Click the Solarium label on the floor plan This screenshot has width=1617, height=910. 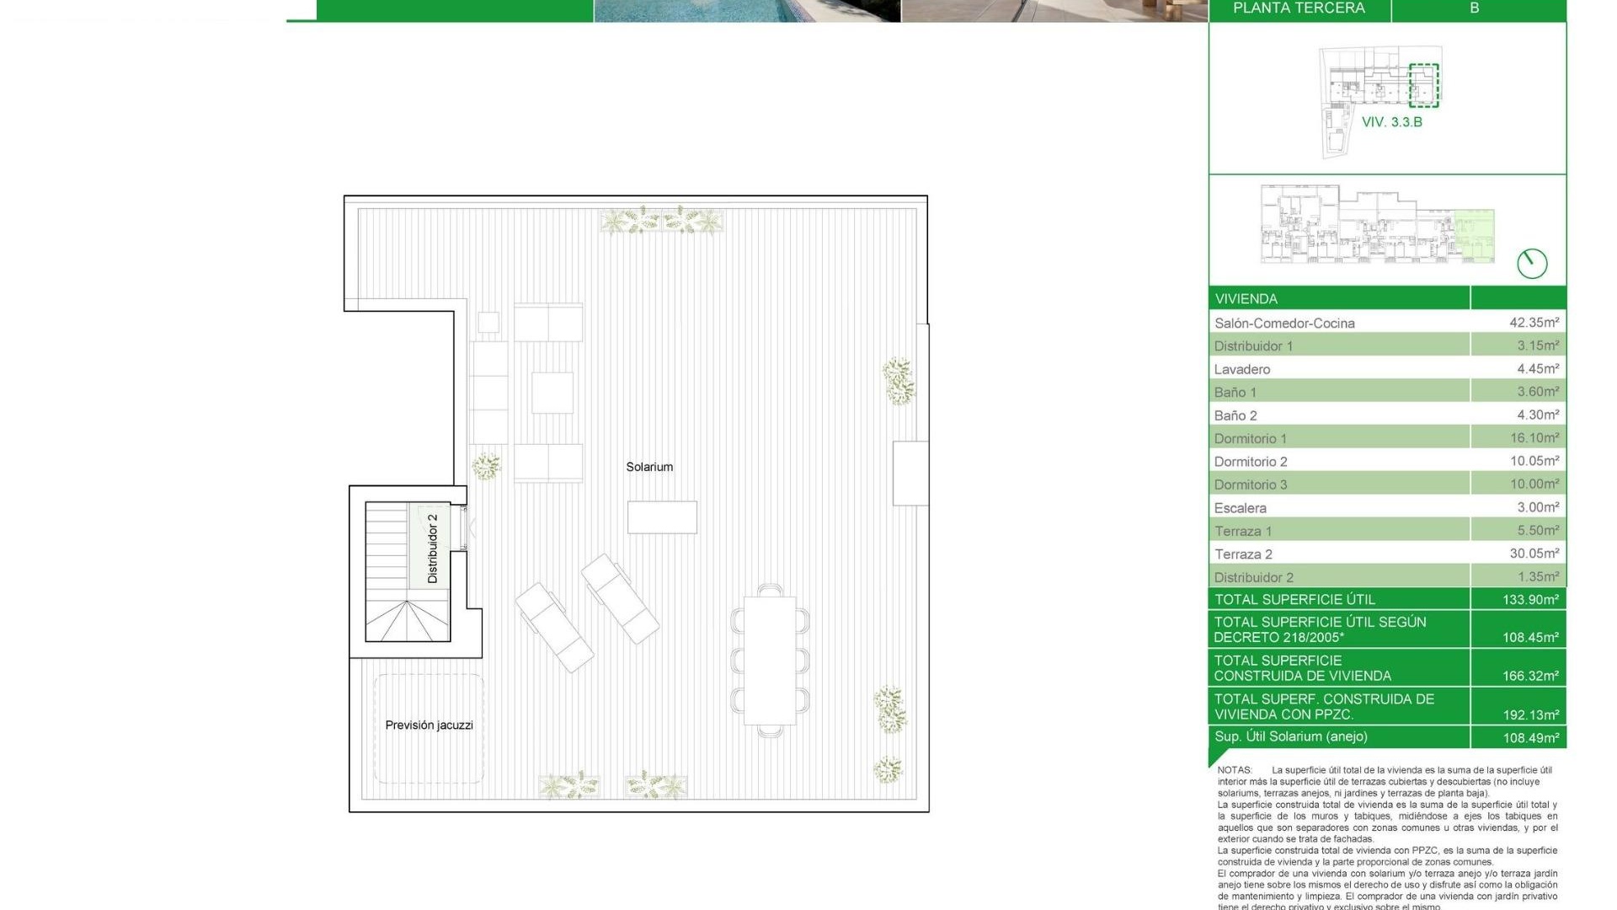coord(649,467)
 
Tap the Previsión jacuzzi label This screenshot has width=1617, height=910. coord(429,725)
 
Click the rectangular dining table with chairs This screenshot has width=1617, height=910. coord(770,661)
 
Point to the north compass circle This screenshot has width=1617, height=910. coord(1532,264)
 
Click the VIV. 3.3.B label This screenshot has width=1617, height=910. coord(1392,122)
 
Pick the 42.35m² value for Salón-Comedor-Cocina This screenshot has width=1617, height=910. coord(1534,323)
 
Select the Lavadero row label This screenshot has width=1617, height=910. coord(1242,369)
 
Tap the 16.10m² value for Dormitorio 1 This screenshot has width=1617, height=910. coord(1534,438)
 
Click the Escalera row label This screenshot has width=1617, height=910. coord(1240,508)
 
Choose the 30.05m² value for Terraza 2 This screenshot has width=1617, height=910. coord(1534,554)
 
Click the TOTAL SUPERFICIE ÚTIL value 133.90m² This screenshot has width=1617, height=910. coord(1530,600)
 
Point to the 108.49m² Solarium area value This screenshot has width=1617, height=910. coord(1530,738)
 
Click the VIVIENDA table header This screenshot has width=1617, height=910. coord(1246,299)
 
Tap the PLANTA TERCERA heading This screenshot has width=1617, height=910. coord(1299,8)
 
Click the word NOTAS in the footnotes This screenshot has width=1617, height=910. coord(1235,770)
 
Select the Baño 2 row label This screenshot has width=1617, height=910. coord(1235,415)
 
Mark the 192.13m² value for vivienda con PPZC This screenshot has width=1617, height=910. coord(1530,715)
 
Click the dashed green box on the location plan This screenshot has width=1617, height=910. coord(1424,85)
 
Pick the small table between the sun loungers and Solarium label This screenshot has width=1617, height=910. coord(662,517)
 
